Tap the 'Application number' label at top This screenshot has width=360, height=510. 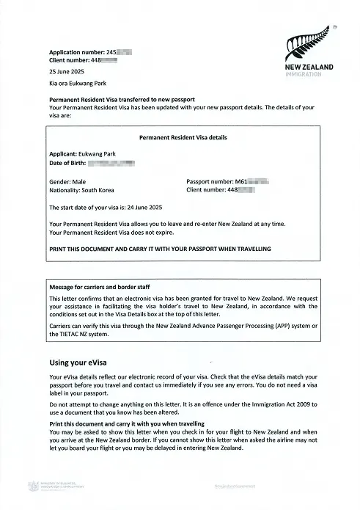77,54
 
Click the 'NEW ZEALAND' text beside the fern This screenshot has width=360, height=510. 309,68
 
